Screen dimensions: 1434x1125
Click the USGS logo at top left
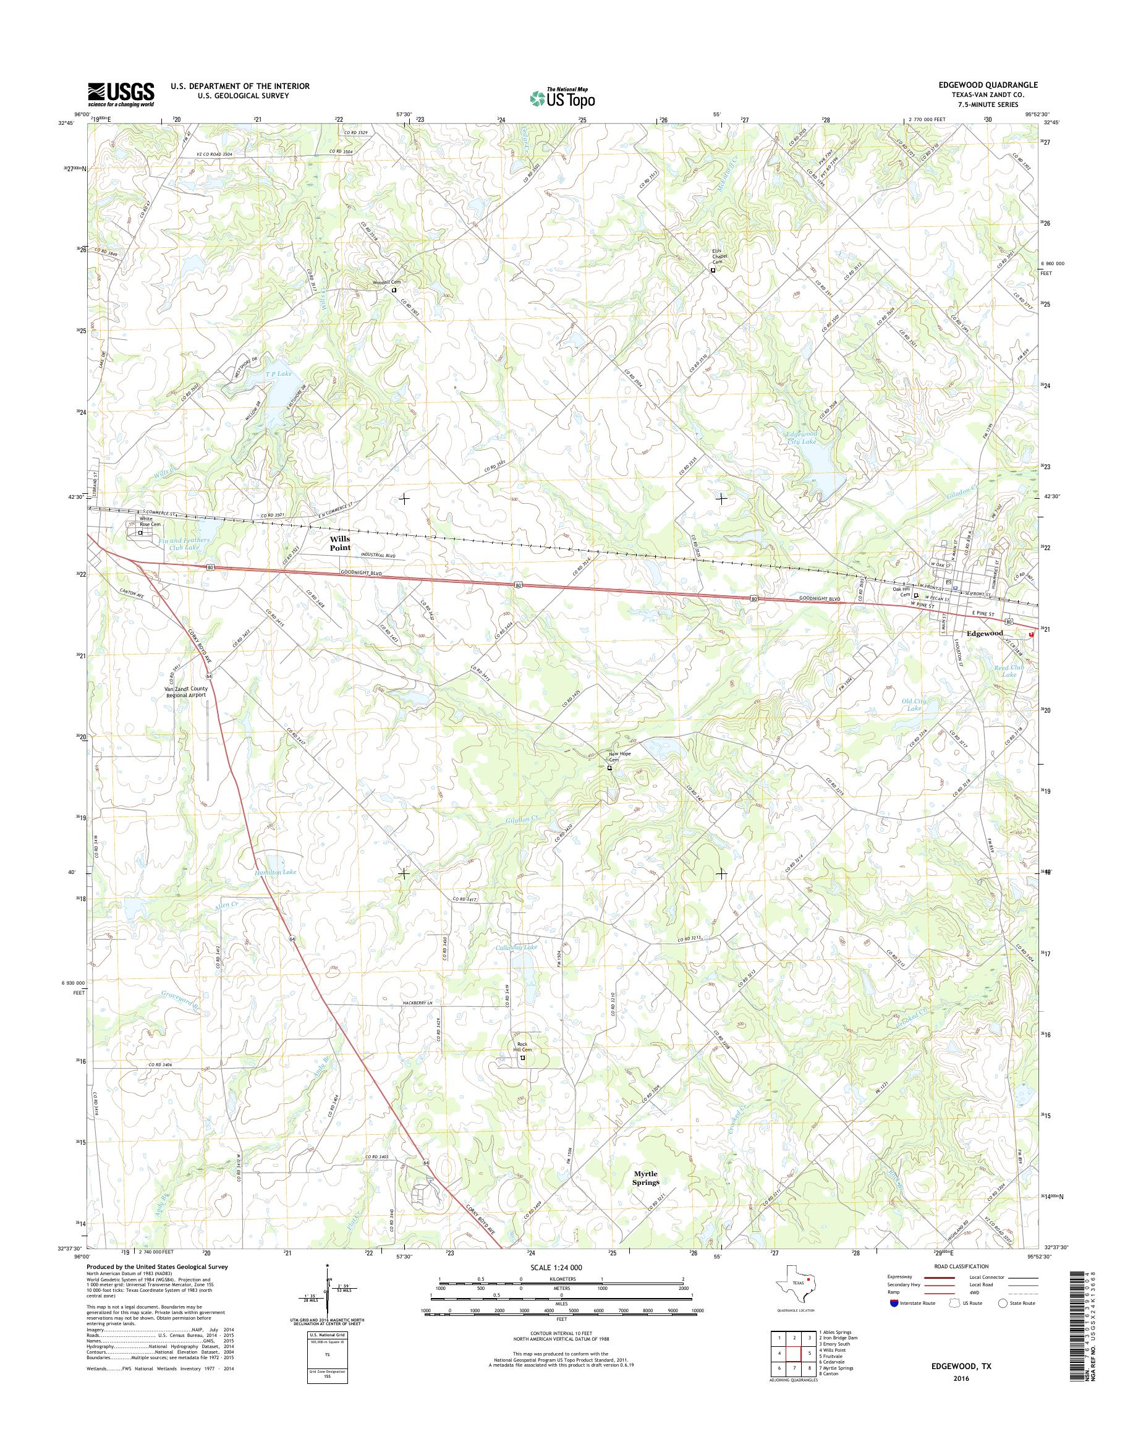121,94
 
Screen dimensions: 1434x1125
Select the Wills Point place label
341,543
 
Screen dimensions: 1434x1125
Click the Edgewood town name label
985,633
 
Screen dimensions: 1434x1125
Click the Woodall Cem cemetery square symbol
394,289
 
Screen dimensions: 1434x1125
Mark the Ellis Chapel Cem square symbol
713,270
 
